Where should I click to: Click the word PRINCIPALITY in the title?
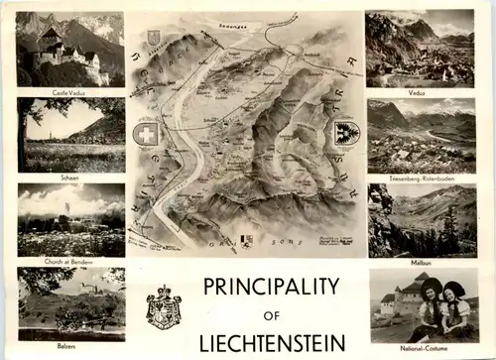pos(272,287)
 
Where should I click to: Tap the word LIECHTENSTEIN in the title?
pos(272,343)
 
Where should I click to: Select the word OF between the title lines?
pos(272,315)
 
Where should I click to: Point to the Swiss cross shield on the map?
pos(146,135)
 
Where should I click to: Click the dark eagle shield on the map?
pos(346,133)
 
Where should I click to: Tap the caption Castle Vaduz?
pos(68,91)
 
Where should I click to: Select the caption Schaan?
pos(68,178)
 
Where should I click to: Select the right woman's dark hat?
pos(455,289)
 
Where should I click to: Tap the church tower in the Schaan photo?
pos(43,125)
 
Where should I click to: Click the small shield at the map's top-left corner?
pos(153,37)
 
